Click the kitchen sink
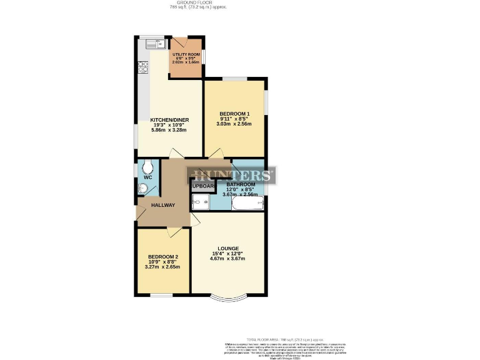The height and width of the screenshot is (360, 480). pyautogui.click(x=154, y=44)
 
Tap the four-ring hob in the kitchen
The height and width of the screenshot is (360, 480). pyautogui.click(x=142, y=65)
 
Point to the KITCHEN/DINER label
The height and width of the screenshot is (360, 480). pyautogui.click(x=169, y=120)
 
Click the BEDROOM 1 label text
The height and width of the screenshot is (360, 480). pyautogui.click(x=234, y=113)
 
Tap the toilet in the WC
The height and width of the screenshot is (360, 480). pyautogui.click(x=147, y=167)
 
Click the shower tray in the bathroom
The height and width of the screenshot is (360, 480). pyautogui.click(x=201, y=202)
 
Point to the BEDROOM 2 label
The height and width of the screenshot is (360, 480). pyautogui.click(x=163, y=257)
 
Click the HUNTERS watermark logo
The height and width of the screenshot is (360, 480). pyautogui.click(x=231, y=175)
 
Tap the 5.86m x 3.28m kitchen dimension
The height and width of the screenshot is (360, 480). pyautogui.click(x=169, y=131)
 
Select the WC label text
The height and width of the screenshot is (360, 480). pyautogui.click(x=147, y=177)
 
